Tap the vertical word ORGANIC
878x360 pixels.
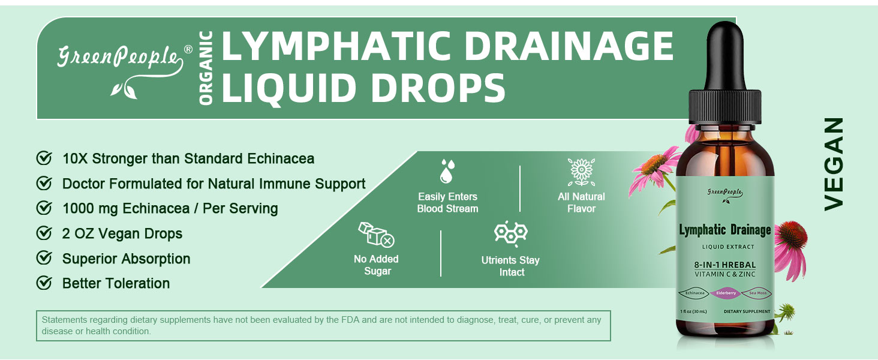pyautogui.click(x=206, y=68)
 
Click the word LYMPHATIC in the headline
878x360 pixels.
pyautogui.click(x=336, y=46)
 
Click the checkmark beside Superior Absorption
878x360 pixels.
pyautogui.click(x=44, y=258)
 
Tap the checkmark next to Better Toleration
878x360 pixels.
pyautogui.click(x=44, y=283)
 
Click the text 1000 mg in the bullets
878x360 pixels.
pyautogui.click(x=90, y=209)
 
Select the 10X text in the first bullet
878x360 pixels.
pyautogui.click(x=75, y=159)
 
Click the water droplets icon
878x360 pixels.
pyautogui.click(x=447, y=172)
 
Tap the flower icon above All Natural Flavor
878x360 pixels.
pyautogui.click(x=582, y=172)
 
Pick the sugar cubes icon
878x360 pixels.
pyautogui.click(x=376, y=234)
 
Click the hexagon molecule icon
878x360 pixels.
pyautogui.click(x=511, y=234)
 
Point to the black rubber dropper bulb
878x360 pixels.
pyautogui.click(x=725, y=57)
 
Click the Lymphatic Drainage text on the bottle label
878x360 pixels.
pyautogui.click(x=724, y=230)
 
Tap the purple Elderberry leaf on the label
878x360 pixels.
pyautogui.click(x=726, y=293)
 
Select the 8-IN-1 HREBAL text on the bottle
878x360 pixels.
pyautogui.click(x=724, y=265)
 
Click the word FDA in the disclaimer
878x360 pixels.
pyautogui.click(x=350, y=320)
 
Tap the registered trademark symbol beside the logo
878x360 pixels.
pyautogui.click(x=188, y=49)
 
